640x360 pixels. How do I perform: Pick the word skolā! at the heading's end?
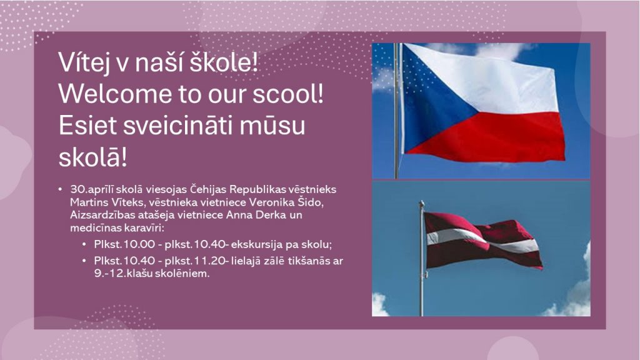pos(93,157)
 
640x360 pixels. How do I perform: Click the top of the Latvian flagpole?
pos(422,202)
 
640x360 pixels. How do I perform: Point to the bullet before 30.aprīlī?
pos(61,190)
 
